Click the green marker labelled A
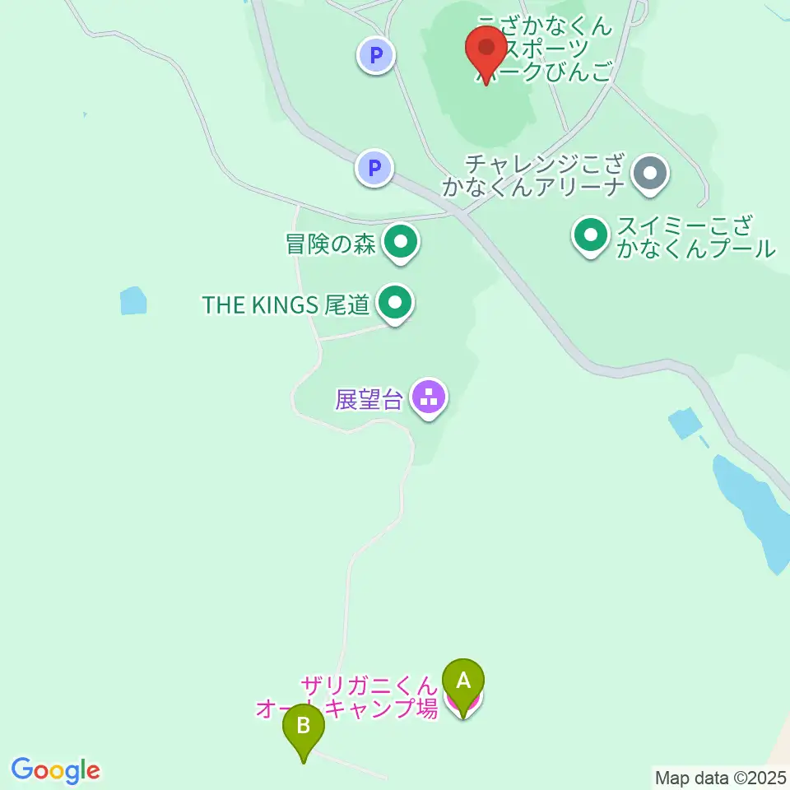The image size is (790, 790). coord(463,682)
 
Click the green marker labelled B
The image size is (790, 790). coord(304,727)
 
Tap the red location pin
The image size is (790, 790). coord(486,49)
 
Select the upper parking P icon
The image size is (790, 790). coord(376,56)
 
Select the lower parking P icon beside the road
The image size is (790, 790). coord(374,169)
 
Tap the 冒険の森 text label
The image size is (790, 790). coord(330,244)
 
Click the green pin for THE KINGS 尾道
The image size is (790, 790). coord(396,303)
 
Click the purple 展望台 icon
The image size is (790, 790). coord(429,399)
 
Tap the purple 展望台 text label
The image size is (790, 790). coord(369,400)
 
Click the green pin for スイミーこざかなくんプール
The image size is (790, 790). coord(591,235)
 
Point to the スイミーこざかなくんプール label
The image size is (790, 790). coord(696,237)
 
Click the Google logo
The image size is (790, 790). coord(56,771)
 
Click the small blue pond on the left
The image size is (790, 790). coord(132,300)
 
